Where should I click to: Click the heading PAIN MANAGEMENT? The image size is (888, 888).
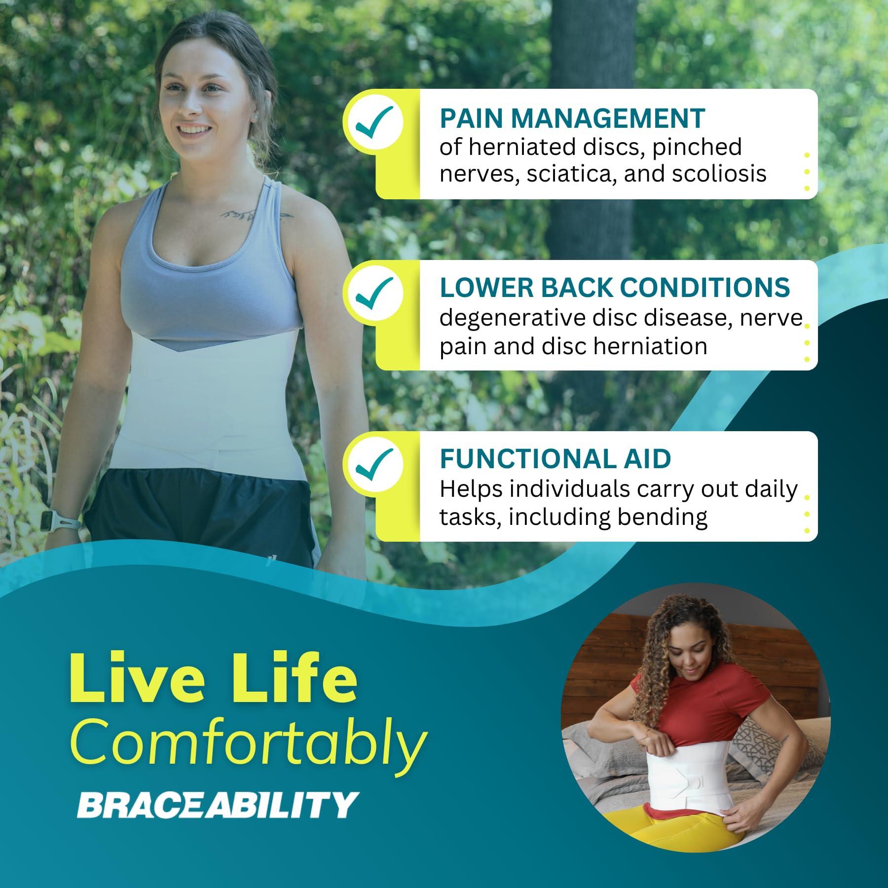click(572, 118)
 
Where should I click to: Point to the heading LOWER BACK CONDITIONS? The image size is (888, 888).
click(615, 288)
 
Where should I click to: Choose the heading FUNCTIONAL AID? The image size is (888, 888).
click(555, 459)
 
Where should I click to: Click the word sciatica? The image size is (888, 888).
click(572, 174)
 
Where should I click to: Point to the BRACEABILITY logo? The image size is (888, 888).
click(216, 805)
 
